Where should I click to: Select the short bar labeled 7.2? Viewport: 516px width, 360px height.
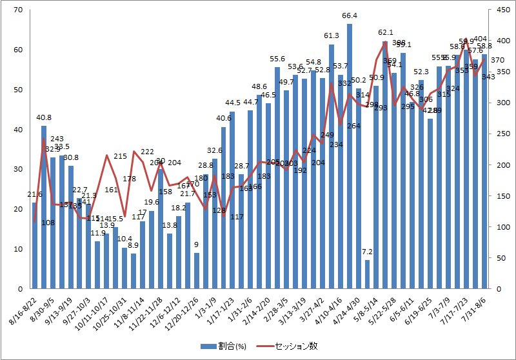tap(368, 274)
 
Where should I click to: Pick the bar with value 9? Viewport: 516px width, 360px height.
tap(197, 271)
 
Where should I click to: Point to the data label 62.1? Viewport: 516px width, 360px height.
tap(386, 32)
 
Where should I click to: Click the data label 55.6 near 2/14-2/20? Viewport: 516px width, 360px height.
tap(277, 59)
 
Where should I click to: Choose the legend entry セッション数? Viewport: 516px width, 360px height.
tap(294, 346)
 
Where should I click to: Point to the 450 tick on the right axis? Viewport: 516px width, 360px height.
tap(502, 10)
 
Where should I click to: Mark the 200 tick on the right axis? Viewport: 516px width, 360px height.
tap(502, 165)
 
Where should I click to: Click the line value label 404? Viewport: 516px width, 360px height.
tap(481, 39)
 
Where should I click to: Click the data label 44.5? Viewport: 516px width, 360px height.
tap(233, 103)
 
